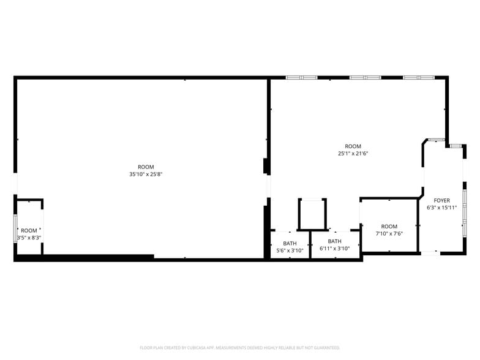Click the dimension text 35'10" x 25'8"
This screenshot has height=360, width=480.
coord(146,174)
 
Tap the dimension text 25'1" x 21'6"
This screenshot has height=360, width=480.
coord(353,154)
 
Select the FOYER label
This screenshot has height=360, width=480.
coord(441,201)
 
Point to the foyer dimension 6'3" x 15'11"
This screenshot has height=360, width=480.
coord(441,208)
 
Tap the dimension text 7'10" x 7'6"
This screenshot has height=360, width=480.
coord(389,234)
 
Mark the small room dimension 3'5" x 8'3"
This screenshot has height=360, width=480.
coord(29,238)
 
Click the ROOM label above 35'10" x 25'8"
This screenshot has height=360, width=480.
coord(146,167)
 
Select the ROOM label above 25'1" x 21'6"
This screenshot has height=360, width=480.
coord(353,146)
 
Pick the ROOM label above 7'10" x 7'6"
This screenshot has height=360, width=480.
coord(389,227)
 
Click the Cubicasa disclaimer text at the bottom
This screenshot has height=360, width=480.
coord(239,348)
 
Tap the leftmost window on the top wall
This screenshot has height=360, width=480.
coord(302,78)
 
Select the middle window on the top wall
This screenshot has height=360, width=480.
coord(365,78)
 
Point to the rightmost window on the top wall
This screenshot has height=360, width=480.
coord(418,78)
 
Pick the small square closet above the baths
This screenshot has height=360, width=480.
coord(312,214)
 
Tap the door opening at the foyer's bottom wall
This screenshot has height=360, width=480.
coord(430,252)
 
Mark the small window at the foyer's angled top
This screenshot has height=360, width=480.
coord(436,140)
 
